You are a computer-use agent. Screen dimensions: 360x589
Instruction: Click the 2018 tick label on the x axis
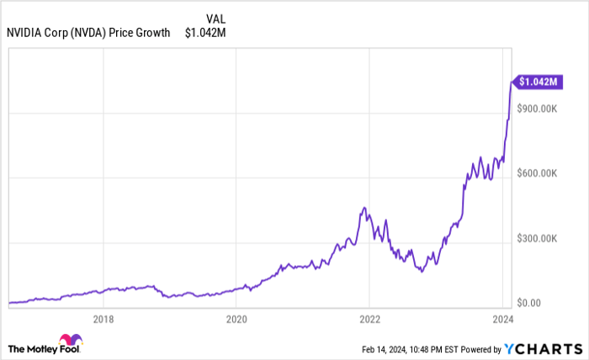(x=103, y=319)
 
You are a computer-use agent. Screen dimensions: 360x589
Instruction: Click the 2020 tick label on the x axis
(x=236, y=319)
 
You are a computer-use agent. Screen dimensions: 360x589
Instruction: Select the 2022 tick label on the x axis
(x=370, y=319)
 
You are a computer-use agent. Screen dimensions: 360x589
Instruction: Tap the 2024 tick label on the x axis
(x=503, y=319)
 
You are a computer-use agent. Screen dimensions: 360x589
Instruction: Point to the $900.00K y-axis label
(x=537, y=109)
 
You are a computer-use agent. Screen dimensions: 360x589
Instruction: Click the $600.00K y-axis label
(x=537, y=173)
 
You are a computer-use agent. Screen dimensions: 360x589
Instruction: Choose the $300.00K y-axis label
(x=537, y=238)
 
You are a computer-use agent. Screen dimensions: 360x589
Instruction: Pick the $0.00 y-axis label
(x=528, y=303)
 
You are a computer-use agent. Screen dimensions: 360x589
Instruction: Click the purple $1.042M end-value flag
(x=537, y=82)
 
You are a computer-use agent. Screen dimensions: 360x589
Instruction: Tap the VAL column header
(x=216, y=18)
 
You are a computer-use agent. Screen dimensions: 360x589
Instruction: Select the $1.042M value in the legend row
(x=205, y=33)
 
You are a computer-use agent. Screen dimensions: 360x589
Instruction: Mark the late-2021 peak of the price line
(x=363, y=208)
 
